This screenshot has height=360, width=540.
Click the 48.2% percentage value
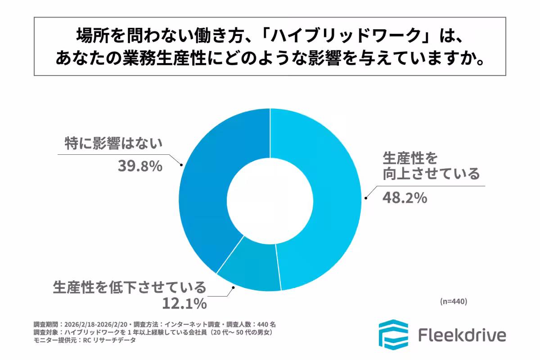(x=405, y=198)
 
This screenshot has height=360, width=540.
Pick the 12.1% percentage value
(x=184, y=304)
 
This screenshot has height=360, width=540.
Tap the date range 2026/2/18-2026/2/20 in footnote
(x=97, y=324)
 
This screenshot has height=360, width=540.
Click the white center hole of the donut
(x=270, y=200)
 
